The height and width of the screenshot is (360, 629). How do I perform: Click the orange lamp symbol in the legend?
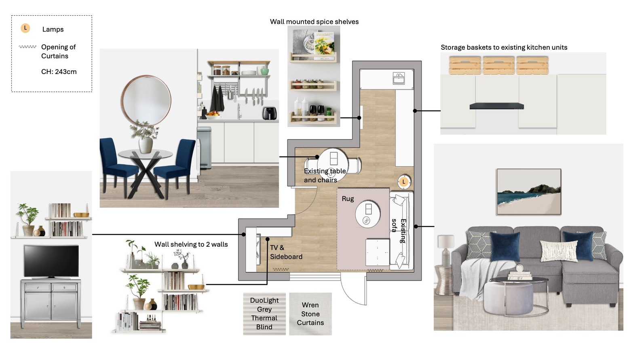click(x=25, y=28)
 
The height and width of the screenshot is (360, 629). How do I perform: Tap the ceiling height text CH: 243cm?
click(x=59, y=72)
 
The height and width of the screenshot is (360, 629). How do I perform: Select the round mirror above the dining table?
click(x=146, y=100)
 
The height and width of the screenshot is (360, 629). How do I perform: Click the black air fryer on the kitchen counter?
click(x=270, y=113)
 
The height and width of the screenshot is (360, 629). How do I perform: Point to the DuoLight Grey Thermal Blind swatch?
click(x=264, y=313)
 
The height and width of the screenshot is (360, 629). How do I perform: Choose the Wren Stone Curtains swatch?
click(x=310, y=313)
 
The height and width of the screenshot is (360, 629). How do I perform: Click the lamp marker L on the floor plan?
click(x=404, y=182)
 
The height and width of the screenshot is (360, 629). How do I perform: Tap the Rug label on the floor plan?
click(x=348, y=199)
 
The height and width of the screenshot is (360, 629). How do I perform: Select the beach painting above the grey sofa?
click(x=529, y=192)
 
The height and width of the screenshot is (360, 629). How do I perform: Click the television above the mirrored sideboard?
click(x=51, y=261)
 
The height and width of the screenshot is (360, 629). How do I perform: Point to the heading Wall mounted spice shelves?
click(x=314, y=21)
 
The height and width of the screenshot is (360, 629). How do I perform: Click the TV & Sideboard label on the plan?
click(x=286, y=252)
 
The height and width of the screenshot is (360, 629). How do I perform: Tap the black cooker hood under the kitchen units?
click(x=496, y=106)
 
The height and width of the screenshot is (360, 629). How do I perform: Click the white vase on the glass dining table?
click(x=146, y=145)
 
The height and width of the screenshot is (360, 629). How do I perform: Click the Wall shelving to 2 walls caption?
click(x=191, y=244)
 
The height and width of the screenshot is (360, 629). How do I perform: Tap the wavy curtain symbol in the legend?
click(x=27, y=47)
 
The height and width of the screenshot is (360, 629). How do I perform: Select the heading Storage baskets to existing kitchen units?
click(x=504, y=47)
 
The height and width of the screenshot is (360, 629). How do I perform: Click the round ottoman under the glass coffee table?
click(x=508, y=298)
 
